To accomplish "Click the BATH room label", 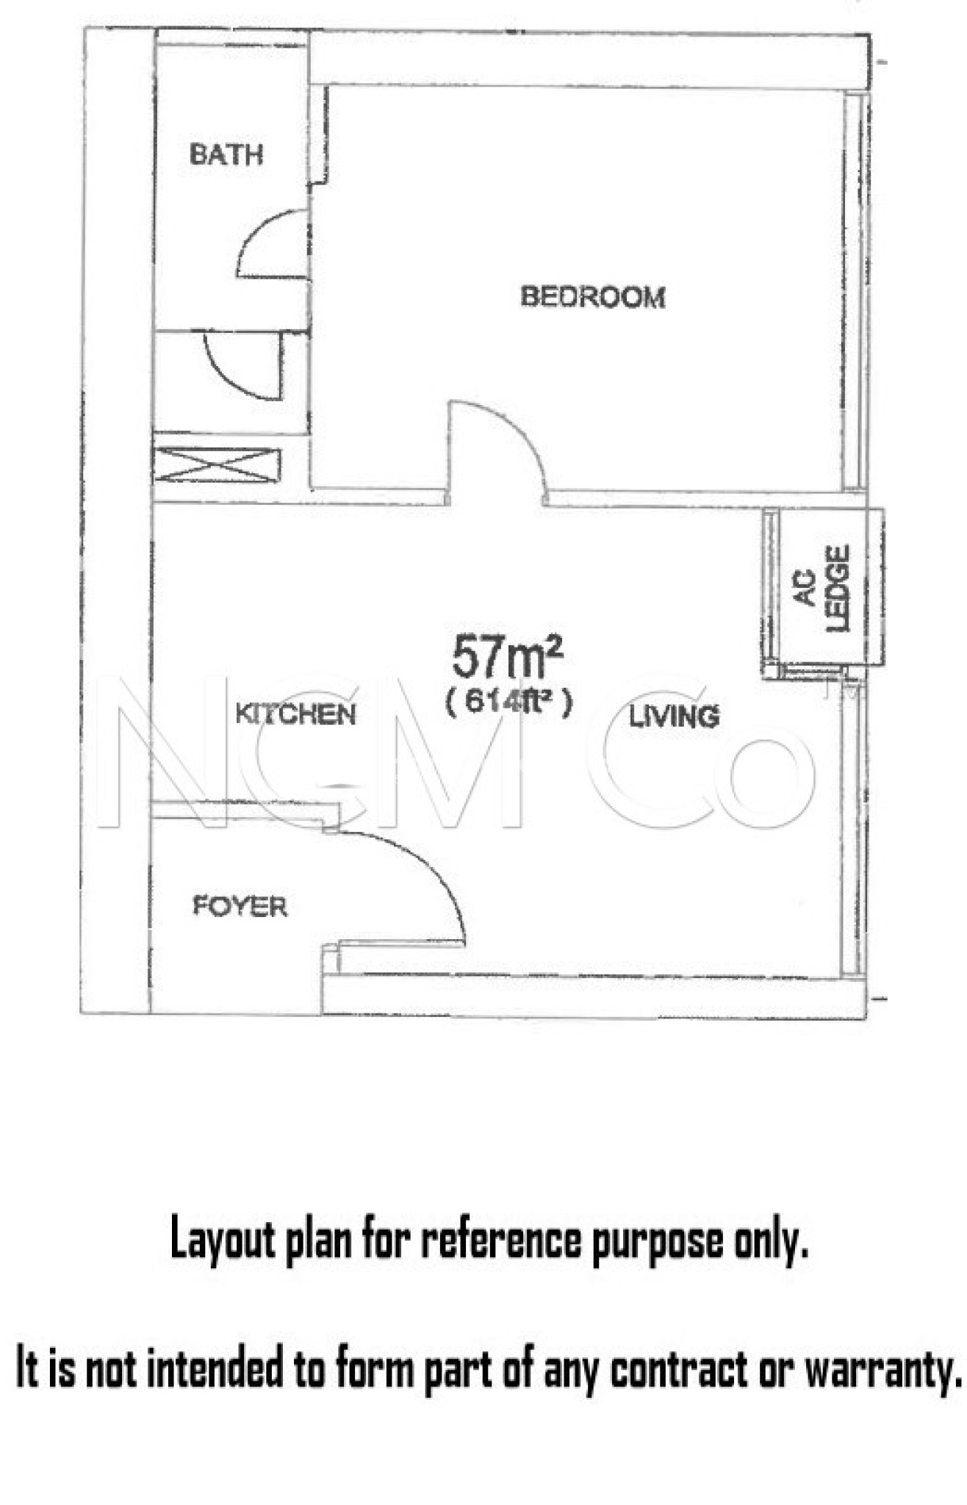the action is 226,154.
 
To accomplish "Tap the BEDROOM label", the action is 593,297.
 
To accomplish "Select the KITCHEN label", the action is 295,714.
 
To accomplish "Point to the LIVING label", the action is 674,716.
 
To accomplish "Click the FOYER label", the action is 240,906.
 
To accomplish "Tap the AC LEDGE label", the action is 824,588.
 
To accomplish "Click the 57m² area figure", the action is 507,656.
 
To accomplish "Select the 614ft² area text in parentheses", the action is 508,703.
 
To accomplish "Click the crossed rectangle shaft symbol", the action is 217,466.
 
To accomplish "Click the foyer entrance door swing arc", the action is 434,867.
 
